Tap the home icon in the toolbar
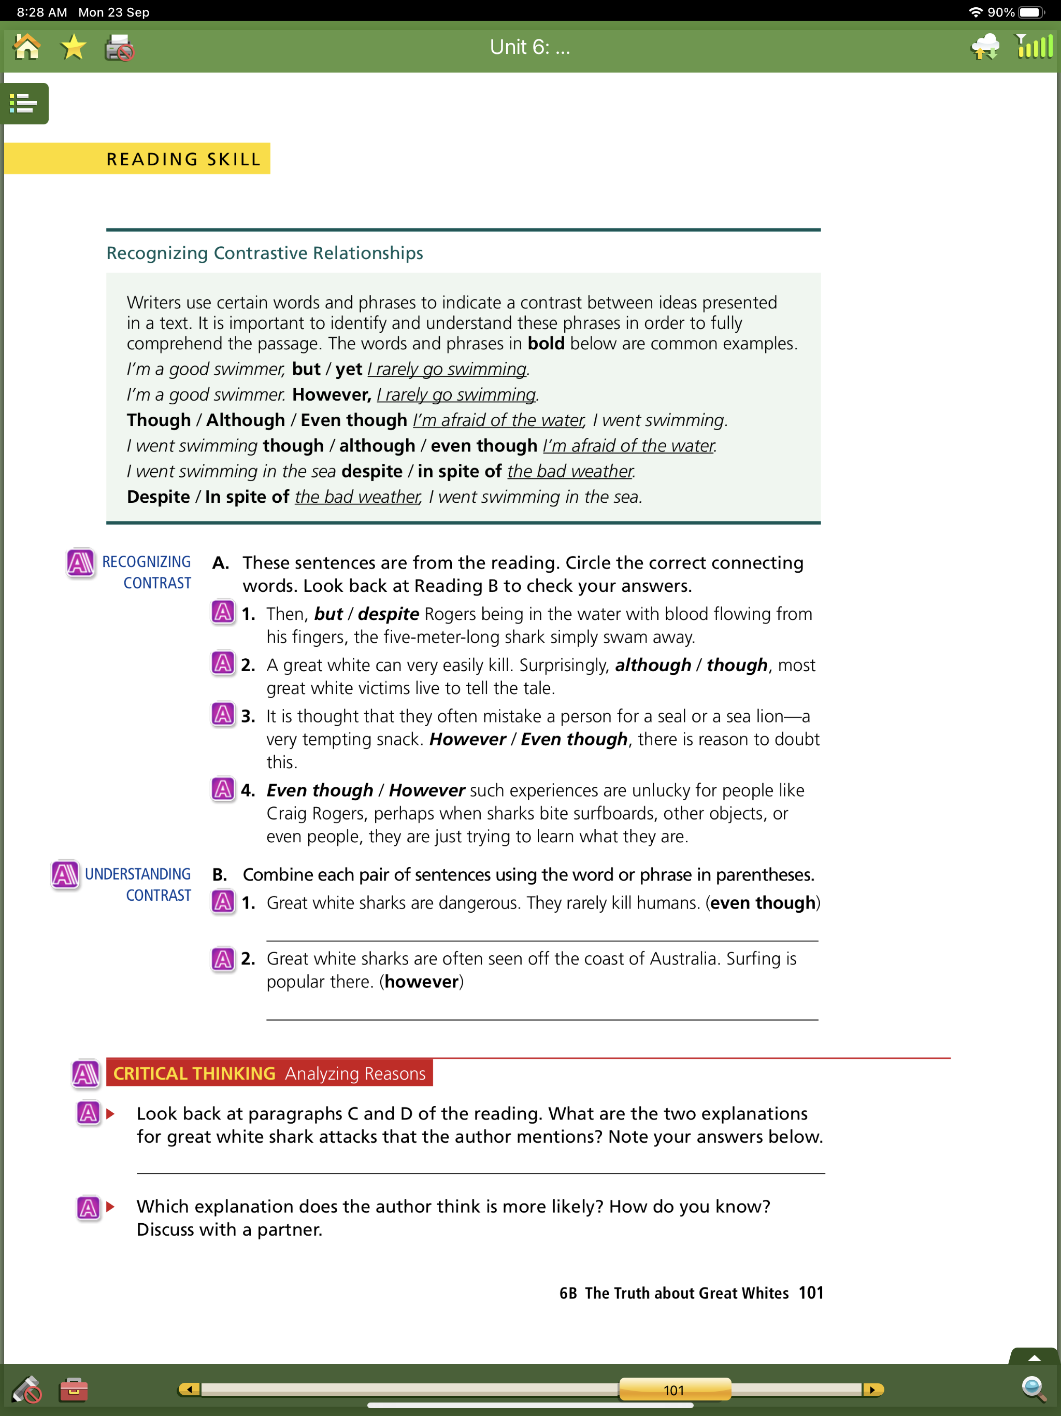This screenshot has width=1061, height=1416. point(27,47)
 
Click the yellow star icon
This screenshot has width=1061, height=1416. point(73,47)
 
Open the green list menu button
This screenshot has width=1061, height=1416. point(24,103)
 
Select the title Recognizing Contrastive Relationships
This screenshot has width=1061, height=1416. point(264,253)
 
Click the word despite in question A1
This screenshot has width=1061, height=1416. point(388,614)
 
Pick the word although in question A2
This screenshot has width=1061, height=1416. point(653,665)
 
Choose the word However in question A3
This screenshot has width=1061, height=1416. point(467,740)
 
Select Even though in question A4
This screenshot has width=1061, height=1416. point(319,790)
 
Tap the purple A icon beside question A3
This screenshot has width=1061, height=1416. point(223,714)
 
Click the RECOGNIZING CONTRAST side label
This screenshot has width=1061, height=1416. point(147,572)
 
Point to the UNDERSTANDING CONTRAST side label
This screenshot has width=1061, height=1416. point(138,884)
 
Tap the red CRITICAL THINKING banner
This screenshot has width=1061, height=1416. point(269,1073)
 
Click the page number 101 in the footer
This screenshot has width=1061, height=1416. point(811,1293)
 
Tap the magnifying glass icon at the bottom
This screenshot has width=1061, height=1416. point(1034,1389)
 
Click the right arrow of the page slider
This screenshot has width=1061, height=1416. point(871,1390)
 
